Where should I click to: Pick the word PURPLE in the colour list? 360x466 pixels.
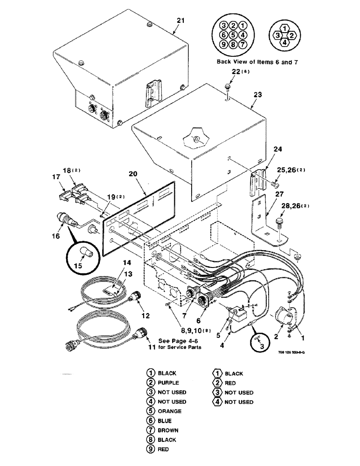tap(167, 383)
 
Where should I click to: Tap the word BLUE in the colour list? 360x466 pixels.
tap(164, 420)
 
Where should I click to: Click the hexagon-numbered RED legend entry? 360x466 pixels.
tap(229, 383)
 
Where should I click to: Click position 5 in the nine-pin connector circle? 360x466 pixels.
tap(233, 34)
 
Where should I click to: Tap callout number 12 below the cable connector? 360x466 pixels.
tap(145, 316)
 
